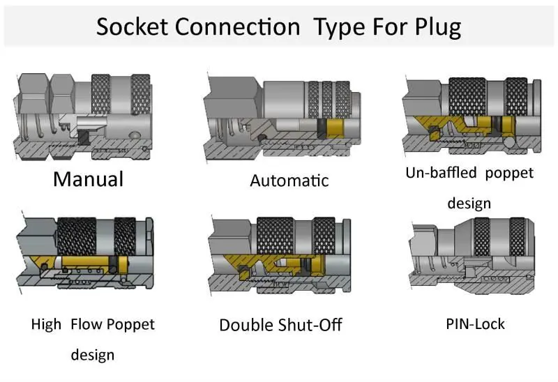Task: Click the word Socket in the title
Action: tap(132, 26)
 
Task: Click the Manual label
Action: tap(89, 179)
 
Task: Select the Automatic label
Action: tap(289, 181)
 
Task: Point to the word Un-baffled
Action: tap(441, 173)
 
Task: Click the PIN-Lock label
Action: tap(475, 324)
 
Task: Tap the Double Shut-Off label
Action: tap(280, 325)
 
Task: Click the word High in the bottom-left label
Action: tap(46, 325)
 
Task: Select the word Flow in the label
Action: tap(86, 324)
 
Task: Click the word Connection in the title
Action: tap(237, 26)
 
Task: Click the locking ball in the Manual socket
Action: tap(135, 135)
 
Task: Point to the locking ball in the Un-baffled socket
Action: tap(509, 142)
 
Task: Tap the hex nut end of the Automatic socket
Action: tap(233, 96)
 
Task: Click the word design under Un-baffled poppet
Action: tap(469, 204)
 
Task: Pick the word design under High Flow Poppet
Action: tap(93, 355)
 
